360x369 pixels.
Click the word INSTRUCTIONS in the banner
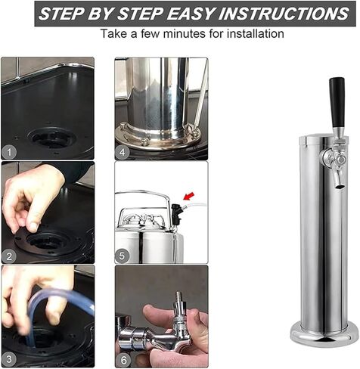[x=284, y=14]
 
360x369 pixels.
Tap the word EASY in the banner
[x=190, y=14]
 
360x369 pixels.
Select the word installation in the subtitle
[x=256, y=33]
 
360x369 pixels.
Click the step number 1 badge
[x=9, y=152]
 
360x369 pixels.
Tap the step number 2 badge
[x=9, y=256]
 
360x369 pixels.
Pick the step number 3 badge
[x=9, y=359]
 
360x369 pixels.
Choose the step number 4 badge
[x=123, y=152]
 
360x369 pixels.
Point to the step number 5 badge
[x=123, y=256]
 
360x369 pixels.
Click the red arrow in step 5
[x=189, y=197]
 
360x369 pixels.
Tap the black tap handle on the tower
[x=337, y=103]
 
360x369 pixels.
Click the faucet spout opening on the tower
[x=340, y=187]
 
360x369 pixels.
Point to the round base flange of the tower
[x=324, y=335]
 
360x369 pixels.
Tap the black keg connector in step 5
[x=176, y=212]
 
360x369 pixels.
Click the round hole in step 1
[x=52, y=138]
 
